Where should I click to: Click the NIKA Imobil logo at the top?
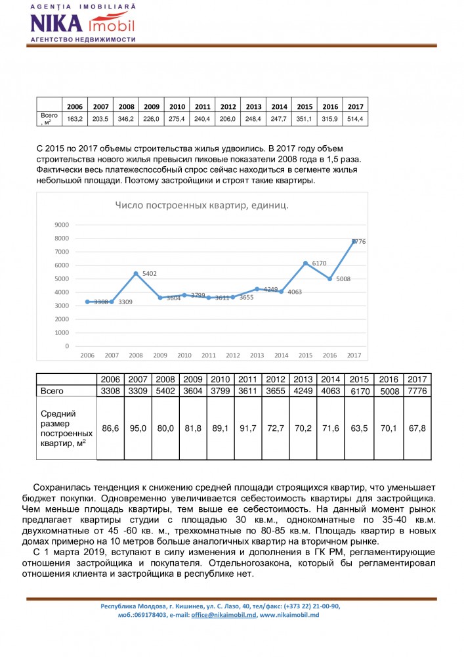click(83, 23)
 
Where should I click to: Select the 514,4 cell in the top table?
click(355, 119)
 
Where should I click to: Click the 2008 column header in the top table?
click(127, 106)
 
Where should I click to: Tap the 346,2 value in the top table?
click(127, 119)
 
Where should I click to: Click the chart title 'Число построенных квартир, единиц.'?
click(202, 206)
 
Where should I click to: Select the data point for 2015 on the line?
click(305, 263)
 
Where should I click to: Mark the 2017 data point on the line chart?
click(354, 242)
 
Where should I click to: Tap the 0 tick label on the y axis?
click(67, 346)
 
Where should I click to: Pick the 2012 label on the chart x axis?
click(232, 355)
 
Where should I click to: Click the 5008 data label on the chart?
click(343, 279)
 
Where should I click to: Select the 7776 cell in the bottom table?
click(417, 391)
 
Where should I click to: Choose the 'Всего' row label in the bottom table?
click(52, 391)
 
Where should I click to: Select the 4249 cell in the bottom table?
click(303, 391)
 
